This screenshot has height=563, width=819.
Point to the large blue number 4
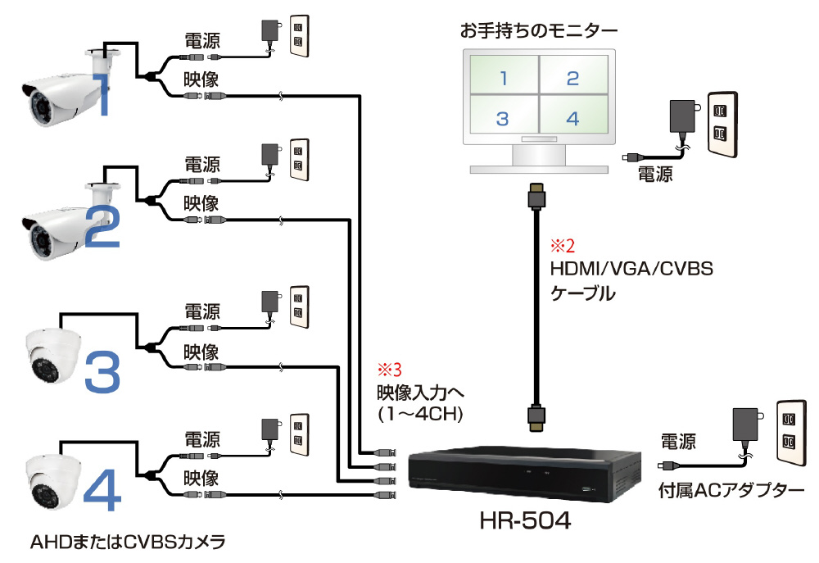[102, 489]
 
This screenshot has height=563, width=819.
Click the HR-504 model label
[525, 520]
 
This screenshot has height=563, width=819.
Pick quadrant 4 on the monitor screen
[572, 119]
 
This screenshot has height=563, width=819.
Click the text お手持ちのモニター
[539, 32]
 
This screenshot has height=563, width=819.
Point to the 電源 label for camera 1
[201, 40]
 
